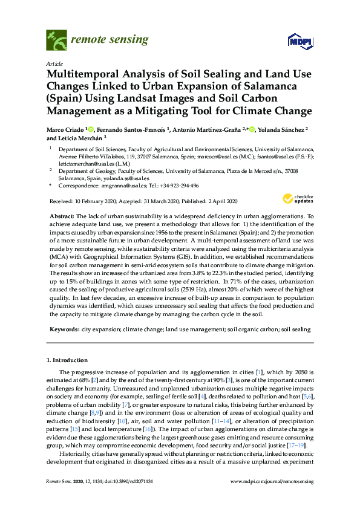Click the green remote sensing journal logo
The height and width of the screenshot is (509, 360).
(x=56, y=41)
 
